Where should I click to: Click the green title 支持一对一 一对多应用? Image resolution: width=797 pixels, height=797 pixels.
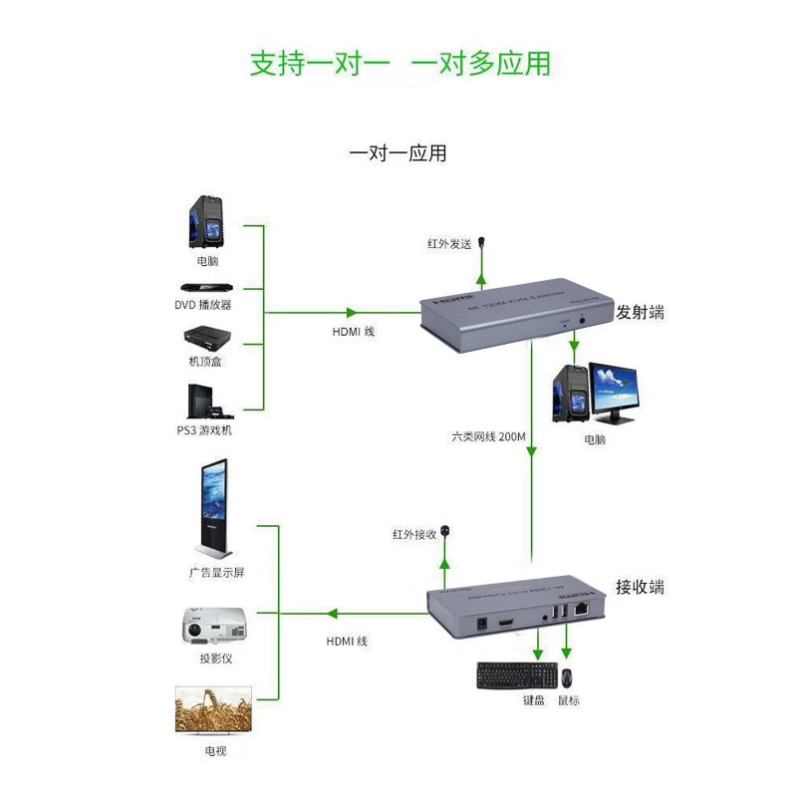point(398,63)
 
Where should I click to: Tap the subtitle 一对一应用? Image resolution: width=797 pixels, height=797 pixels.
point(398,153)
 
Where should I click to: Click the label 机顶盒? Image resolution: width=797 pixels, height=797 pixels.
point(205,361)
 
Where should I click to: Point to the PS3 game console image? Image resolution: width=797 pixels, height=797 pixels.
point(206,401)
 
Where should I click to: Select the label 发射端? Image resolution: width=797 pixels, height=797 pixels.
point(640,312)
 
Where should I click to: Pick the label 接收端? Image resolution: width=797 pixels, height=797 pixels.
point(640,587)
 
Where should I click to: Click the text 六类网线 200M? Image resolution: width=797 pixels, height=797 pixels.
point(486,436)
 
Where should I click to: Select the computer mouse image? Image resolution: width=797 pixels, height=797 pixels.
point(566,677)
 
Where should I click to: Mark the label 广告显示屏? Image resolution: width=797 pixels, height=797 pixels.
point(216,574)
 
